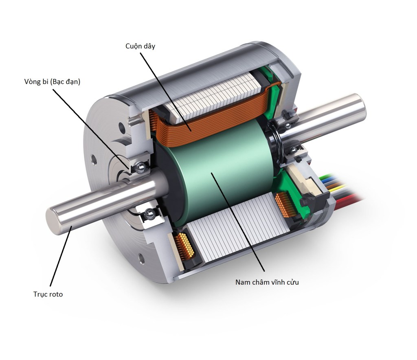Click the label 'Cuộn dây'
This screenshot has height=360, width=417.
click(140, 46)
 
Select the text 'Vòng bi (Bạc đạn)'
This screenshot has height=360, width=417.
click(52, 82)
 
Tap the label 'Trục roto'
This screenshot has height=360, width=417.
click(48, 294)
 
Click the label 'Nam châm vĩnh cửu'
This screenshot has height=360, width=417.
click(267, 282)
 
